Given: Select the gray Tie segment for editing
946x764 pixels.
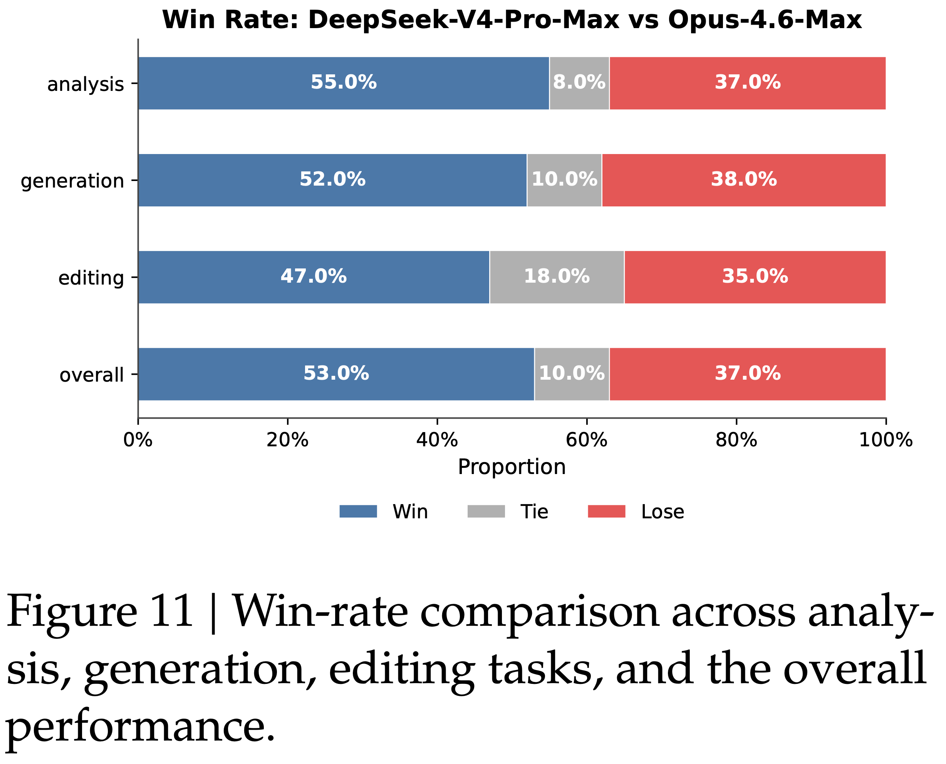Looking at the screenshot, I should coord(557,290).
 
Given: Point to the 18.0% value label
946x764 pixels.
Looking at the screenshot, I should coord(557,276).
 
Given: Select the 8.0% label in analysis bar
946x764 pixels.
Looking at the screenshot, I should coord(579,82).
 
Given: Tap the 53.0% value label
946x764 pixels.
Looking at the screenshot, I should coord(336,373).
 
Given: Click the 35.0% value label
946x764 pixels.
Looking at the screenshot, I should coord(755,276).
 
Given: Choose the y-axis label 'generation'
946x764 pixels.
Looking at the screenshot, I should coord(72,181).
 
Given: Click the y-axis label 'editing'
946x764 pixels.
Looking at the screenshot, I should coord(91,278).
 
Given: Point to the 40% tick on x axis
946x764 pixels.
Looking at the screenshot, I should coord(437,440).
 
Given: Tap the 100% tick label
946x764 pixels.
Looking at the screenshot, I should coord(886,440).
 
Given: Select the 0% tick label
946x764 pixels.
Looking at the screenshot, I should coord(138,440).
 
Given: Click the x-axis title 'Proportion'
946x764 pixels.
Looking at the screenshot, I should coord(512,467).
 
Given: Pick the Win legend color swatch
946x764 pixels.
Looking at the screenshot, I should coord(358,511).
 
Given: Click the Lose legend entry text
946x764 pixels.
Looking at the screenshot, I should coord(663,512).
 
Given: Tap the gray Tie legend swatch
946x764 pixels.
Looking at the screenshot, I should coord(486,511).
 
